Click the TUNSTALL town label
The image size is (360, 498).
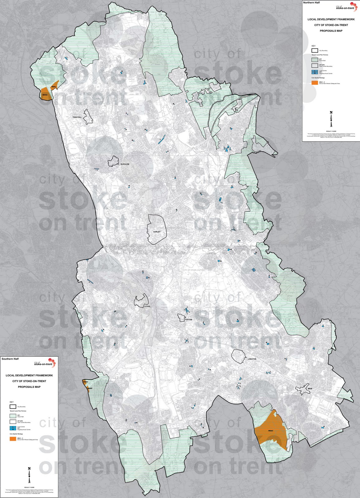tap(77, 117)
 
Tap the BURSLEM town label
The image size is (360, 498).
tap(125, 164)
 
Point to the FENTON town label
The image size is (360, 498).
tap(188, 320)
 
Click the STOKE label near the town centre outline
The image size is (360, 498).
tap(147, 306)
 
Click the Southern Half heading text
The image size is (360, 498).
tap(10, 359)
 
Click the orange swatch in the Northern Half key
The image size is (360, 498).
tap(314, 83)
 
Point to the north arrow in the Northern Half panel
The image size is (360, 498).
tap(331, 118)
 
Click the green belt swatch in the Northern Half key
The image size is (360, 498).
tap(314, 59)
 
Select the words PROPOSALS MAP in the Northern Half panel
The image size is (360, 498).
tap(331, 31)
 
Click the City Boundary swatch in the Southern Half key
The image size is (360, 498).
tap(13, 406)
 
